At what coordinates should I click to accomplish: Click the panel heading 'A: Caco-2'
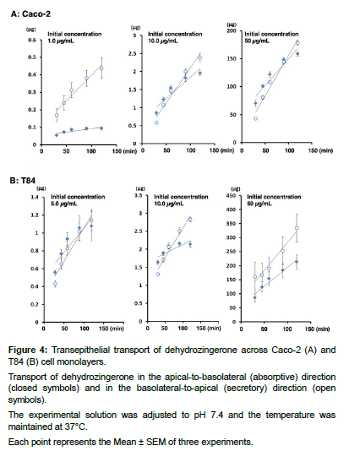(30, 14)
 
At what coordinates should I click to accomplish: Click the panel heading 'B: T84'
(23, 181)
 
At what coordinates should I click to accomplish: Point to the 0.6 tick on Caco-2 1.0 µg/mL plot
(32, 40)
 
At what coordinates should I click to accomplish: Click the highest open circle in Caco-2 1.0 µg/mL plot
(101, 68)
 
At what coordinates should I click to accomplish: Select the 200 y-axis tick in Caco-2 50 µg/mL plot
(232, 30)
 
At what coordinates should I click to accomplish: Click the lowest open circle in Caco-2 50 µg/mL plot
(255, 118)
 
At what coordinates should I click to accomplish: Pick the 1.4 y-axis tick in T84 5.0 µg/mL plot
(35, 198)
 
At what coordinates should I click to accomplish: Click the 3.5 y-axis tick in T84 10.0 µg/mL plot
(139, 196)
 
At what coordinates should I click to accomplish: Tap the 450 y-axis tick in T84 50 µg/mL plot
(232, 196)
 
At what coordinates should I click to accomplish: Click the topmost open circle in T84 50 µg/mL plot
(297, 228)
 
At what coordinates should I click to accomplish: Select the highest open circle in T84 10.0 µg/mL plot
(190, 220)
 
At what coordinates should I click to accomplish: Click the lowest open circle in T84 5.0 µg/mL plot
(55, 284)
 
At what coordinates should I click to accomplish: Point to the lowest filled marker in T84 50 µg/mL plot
(255, 297)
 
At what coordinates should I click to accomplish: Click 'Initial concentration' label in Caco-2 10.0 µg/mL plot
(175, 34)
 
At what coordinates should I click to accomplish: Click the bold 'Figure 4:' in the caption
(28, 350)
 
